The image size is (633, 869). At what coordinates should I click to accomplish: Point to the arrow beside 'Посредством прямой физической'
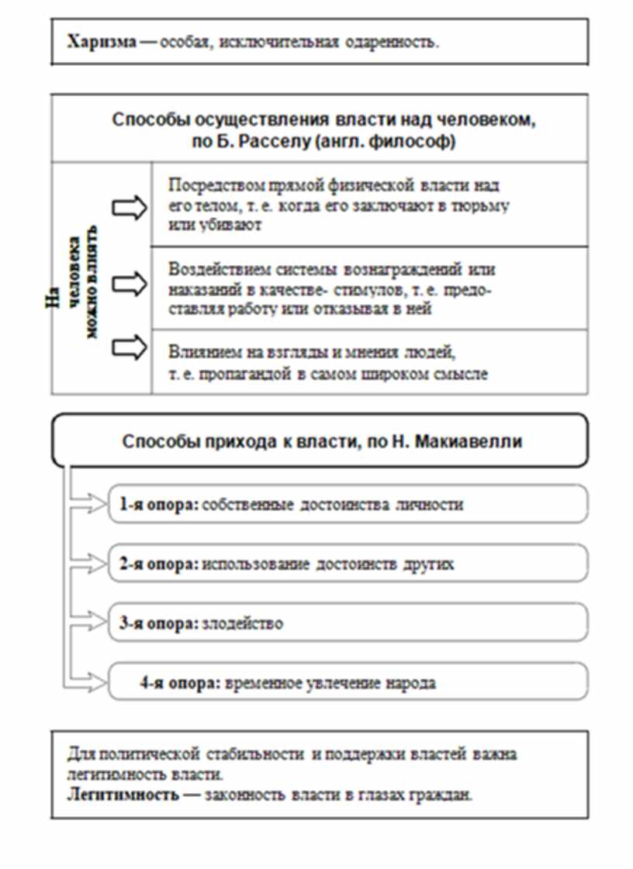pos(130,207)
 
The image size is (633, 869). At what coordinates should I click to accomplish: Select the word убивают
pos(237,224)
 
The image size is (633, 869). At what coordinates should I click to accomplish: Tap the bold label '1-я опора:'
pos(159,504)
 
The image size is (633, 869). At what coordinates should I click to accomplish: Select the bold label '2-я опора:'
pos(159,564)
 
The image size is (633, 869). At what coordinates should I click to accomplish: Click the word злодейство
pos(243,623)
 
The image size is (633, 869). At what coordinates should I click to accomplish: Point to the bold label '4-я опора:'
pos(181,682)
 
